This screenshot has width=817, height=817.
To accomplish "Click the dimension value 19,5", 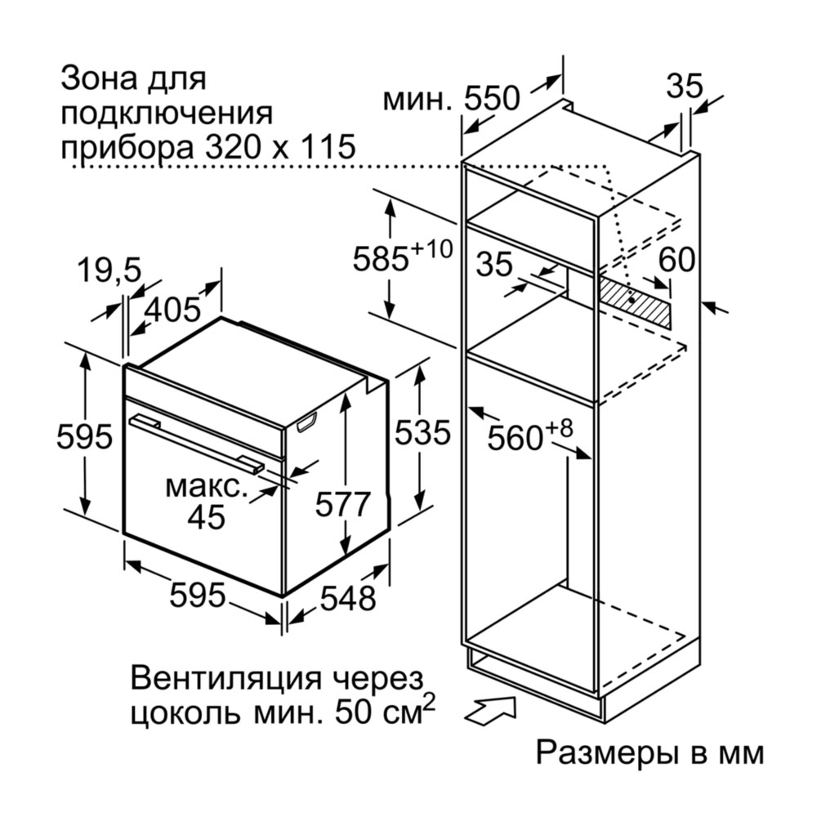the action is [x=109, y=270].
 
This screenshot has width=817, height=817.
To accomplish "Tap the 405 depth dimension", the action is [x=172, y=310].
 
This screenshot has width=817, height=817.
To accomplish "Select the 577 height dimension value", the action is [x=342, y=504].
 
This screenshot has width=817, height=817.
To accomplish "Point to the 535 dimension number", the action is [x=422, y=432].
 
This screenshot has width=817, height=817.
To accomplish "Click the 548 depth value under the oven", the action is [x=347, y=598].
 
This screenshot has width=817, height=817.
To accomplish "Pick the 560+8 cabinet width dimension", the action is [x=529, y=435].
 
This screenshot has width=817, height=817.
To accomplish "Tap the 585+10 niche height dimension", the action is [x=402, y=256].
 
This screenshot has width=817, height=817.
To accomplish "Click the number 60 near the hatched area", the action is [x=676, y=259].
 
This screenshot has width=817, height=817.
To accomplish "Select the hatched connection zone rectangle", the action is [x=634, y=302].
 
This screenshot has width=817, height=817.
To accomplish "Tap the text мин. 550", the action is [x=451, y=99].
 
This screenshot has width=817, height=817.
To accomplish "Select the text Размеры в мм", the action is [x=650, y=752].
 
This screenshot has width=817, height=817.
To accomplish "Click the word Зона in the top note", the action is [x=99, y=78].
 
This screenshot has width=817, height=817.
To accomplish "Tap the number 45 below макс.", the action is [x=207, y=517].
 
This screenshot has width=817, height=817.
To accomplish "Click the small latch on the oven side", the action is [x=307, y=422].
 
